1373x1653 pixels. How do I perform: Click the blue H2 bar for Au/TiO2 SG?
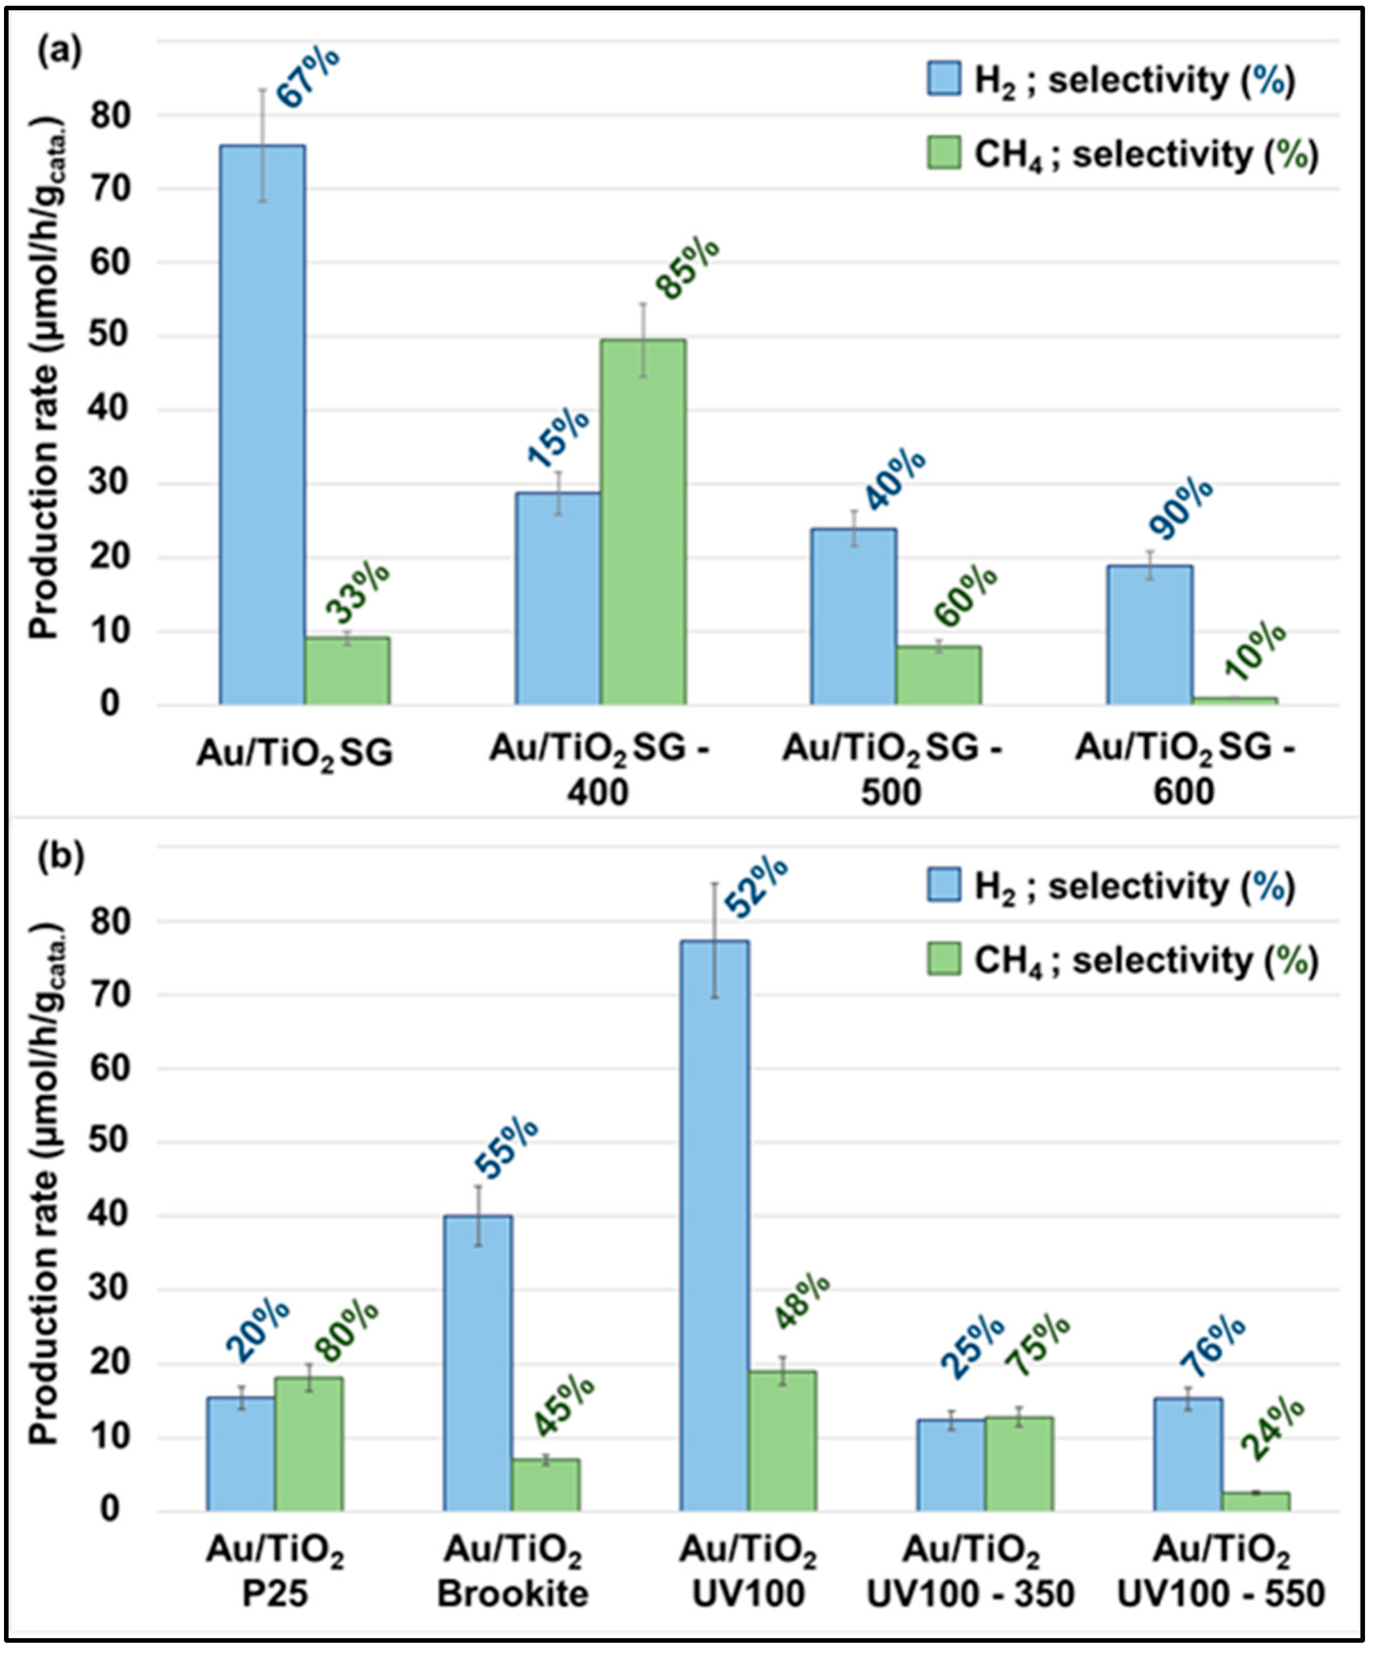263,425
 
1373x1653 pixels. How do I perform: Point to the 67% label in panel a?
308,77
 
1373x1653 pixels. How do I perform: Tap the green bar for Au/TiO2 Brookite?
545,1485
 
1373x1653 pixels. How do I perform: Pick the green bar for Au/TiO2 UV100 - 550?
1256,1501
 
